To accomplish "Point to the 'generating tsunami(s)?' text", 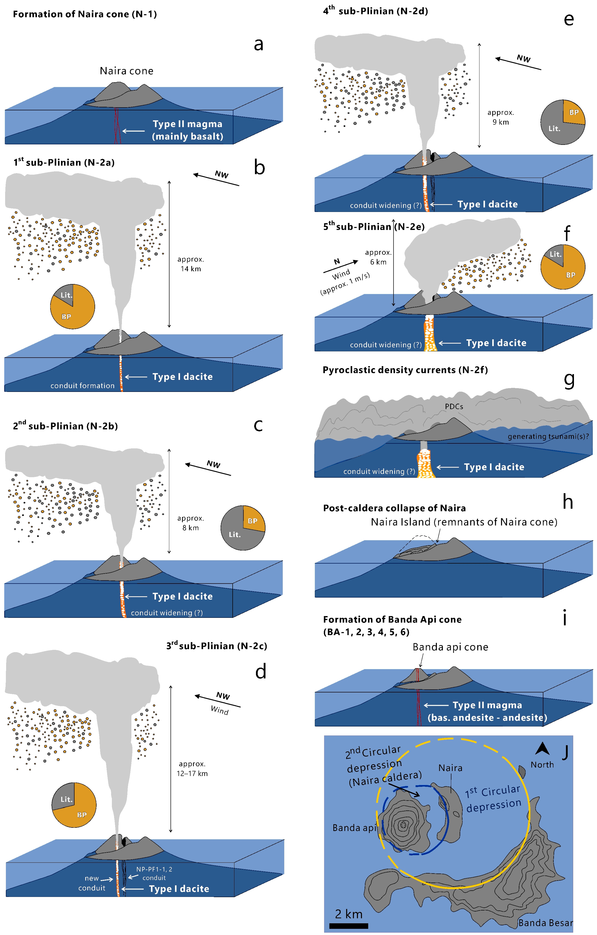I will [548, 436].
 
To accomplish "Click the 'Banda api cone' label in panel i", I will [450, 647].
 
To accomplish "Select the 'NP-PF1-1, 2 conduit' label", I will [154, 874].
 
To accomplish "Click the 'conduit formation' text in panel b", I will [82, 385].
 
